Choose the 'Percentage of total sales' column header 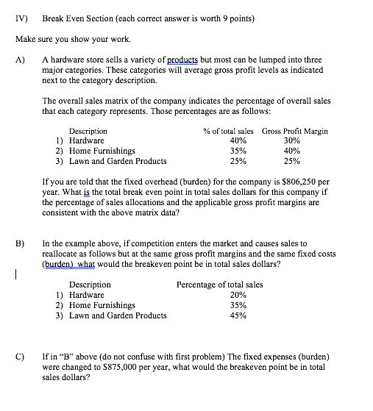tap(219, 284)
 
